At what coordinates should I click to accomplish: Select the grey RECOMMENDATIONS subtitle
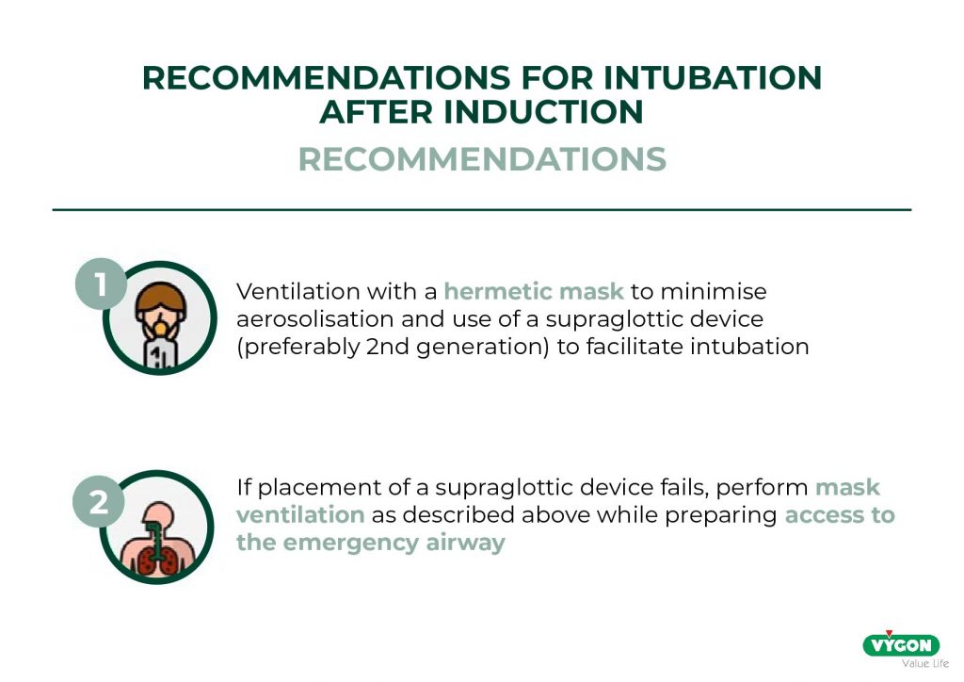482,159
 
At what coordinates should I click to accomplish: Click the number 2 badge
99,502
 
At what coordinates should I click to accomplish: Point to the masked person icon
160,318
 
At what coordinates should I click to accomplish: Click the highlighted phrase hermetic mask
534,291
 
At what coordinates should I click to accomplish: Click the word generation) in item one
482,348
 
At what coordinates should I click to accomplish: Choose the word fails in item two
684,487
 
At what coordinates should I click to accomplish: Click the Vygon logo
901,644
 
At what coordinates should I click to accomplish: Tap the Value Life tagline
925,663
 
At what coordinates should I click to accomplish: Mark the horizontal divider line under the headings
482,210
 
